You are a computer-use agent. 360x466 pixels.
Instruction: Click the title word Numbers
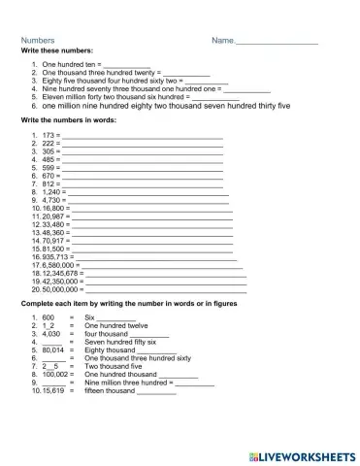38,41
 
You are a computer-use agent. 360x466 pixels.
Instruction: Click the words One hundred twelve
116,326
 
